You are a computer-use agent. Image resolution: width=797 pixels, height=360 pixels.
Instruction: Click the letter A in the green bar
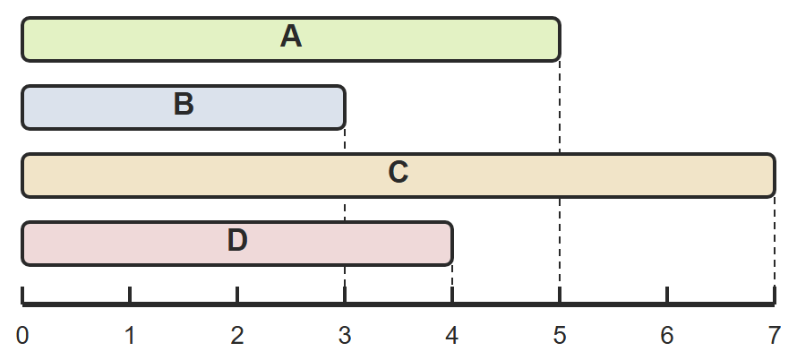291,37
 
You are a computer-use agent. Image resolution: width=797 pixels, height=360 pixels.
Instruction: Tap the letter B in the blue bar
184,105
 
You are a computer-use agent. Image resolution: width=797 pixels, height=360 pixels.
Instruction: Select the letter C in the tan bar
398,173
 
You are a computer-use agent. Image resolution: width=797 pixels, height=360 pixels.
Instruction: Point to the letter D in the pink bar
237,241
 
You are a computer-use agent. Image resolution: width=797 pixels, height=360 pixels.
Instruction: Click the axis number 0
22,336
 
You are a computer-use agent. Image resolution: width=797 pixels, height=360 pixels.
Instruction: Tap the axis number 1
130,336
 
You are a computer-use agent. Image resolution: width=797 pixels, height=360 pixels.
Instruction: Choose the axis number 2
237,336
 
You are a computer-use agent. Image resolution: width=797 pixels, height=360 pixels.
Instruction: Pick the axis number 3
345,336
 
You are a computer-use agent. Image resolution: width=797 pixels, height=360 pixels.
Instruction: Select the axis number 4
452,336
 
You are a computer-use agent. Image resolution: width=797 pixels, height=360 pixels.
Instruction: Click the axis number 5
560,336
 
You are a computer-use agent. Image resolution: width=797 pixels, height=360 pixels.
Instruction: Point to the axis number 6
667,336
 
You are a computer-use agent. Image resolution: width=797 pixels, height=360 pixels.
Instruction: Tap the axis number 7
774,336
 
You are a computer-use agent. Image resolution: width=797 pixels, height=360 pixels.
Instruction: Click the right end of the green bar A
560,39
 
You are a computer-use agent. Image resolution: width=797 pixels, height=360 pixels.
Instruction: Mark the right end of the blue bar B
345,107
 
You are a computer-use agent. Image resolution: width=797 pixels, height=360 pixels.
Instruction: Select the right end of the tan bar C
775,176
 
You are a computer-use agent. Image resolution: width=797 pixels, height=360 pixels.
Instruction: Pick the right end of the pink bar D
452,244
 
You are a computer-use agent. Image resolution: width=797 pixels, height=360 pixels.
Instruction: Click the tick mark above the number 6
667,295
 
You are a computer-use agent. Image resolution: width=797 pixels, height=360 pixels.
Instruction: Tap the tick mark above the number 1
130,295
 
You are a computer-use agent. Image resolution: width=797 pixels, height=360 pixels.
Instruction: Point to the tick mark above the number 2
237,295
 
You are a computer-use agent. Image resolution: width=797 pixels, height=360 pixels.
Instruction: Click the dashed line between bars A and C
560,107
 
